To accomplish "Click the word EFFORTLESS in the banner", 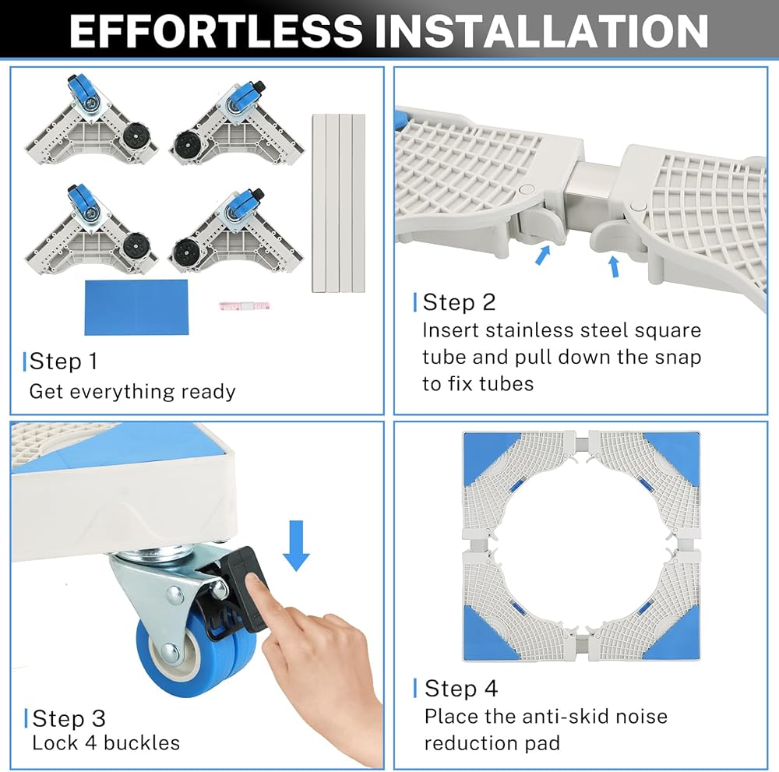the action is (216, 31).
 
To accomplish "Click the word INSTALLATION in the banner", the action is (541, 31).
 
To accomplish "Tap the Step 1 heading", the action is (63, 361).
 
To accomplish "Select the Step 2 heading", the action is (459, 302).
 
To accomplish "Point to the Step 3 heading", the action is (69, 718).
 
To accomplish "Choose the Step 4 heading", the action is (461, 689).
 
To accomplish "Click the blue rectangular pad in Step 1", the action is (136, 307).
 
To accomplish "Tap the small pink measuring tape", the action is (244, 306).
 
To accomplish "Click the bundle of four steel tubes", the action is (338, 203).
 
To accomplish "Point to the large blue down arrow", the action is (296, 545).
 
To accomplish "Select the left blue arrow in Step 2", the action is (543, 255).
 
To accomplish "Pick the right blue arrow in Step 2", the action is (615, 266).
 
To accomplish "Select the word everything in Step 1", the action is (118, 393).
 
